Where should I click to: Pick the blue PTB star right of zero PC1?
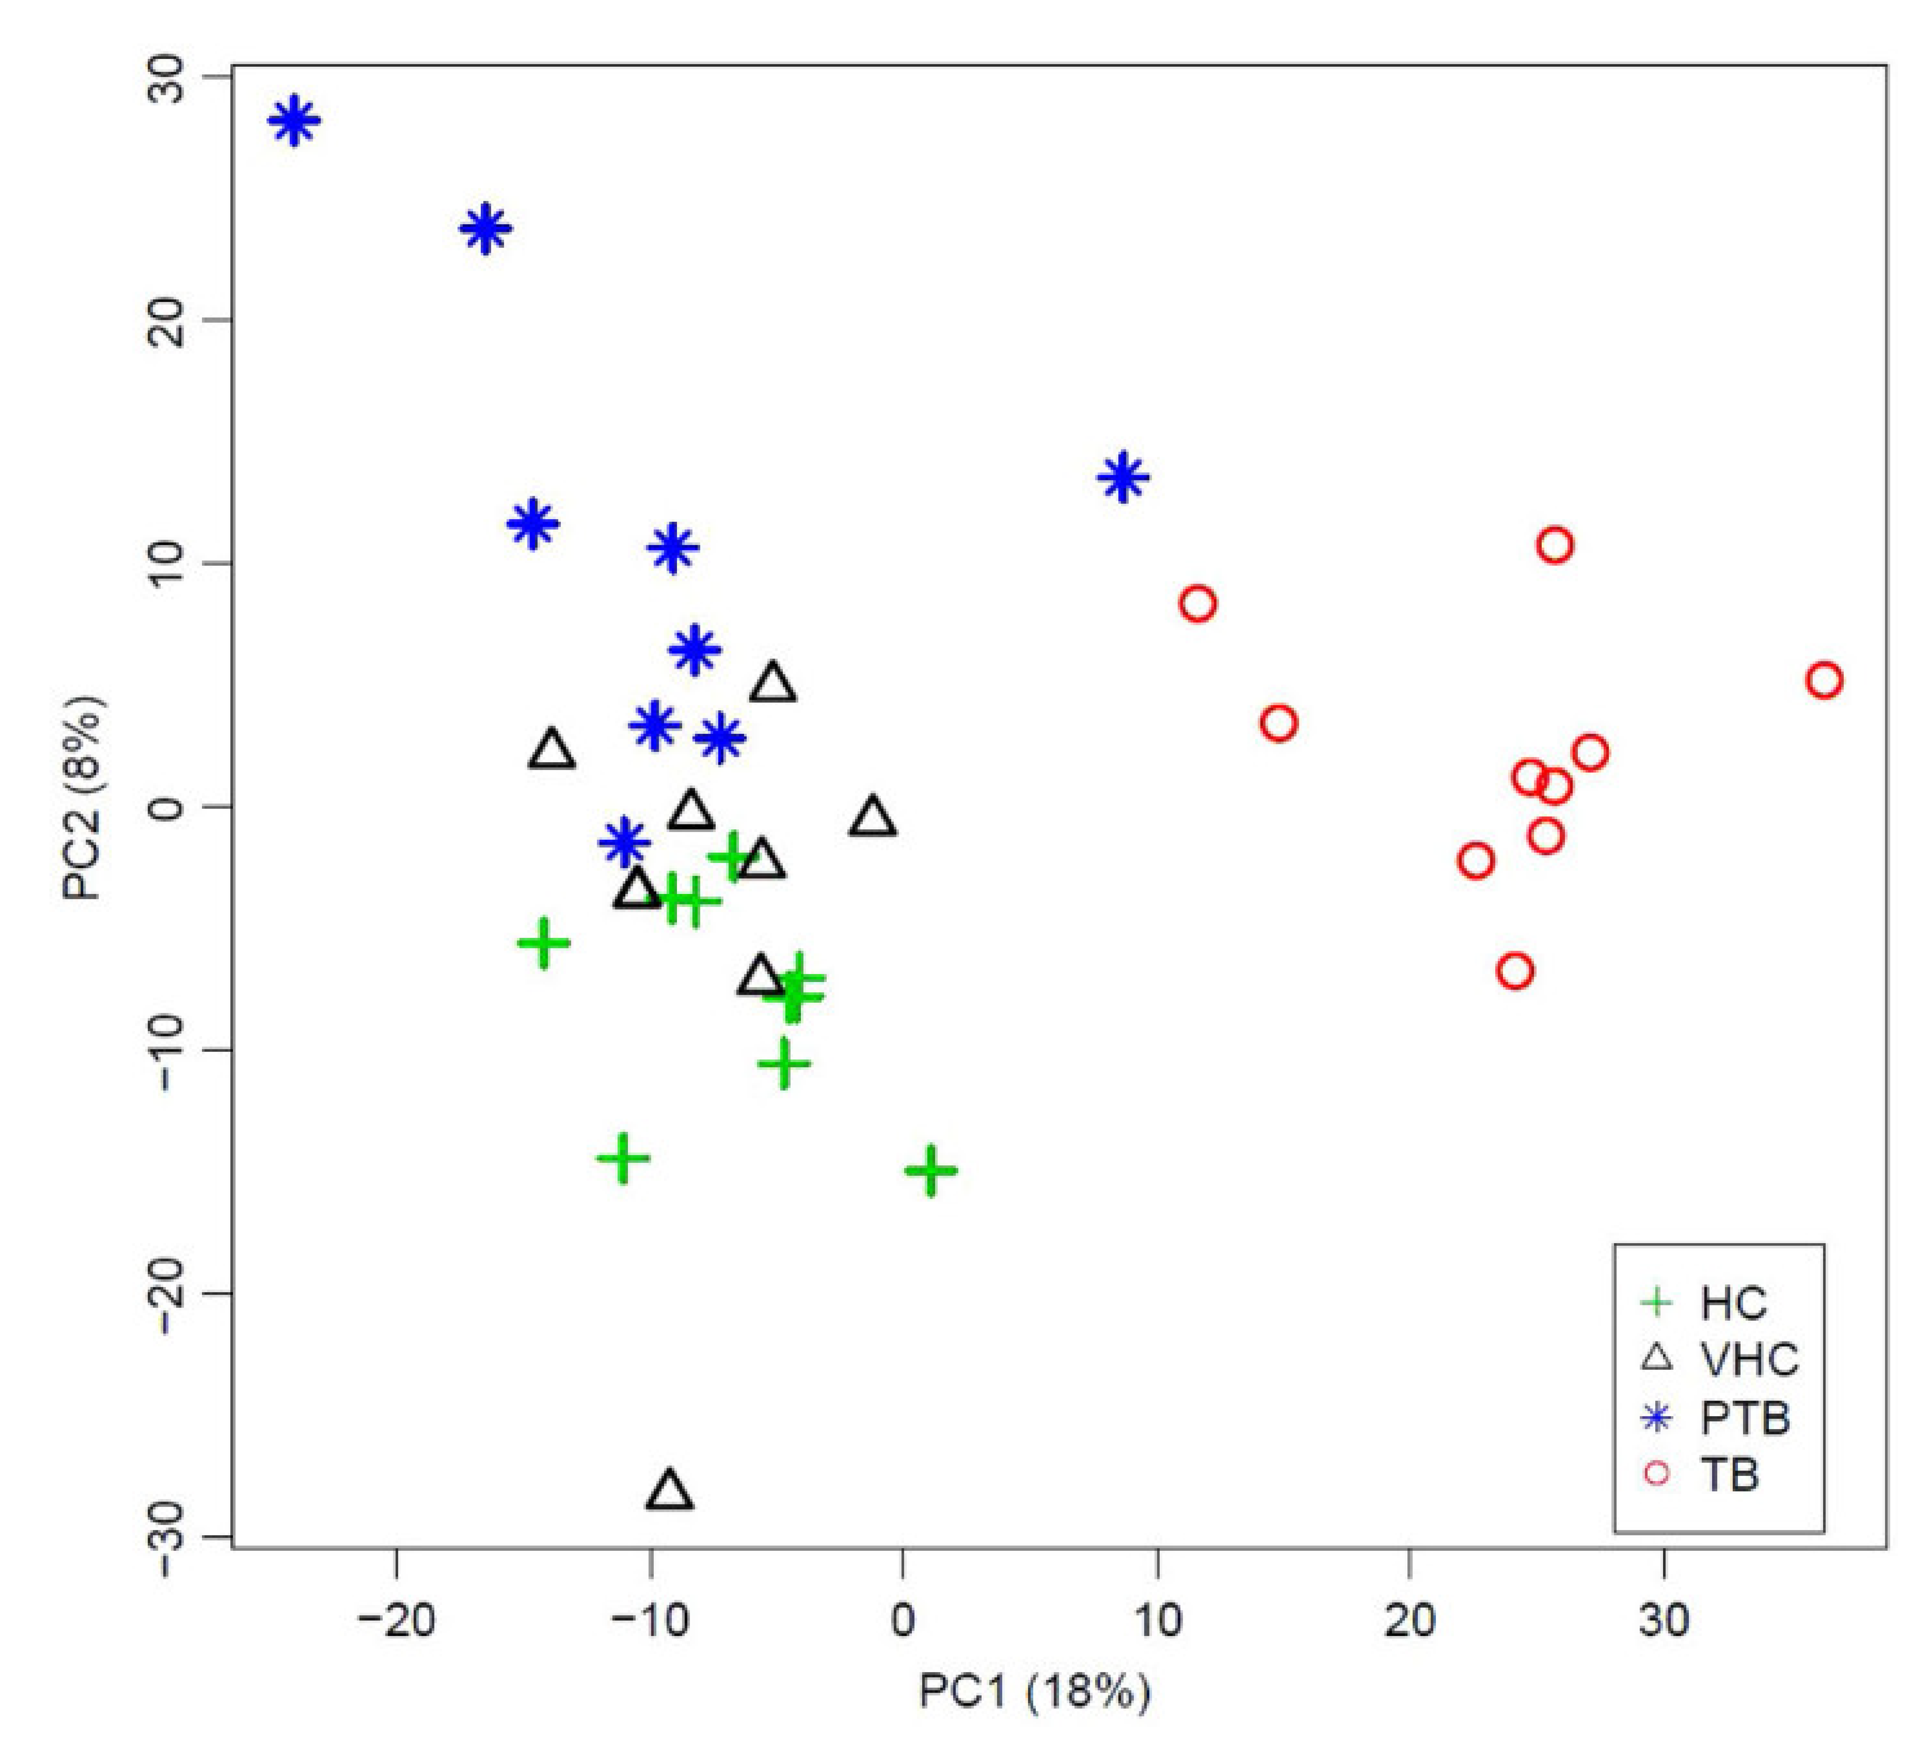[1122, 477]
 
